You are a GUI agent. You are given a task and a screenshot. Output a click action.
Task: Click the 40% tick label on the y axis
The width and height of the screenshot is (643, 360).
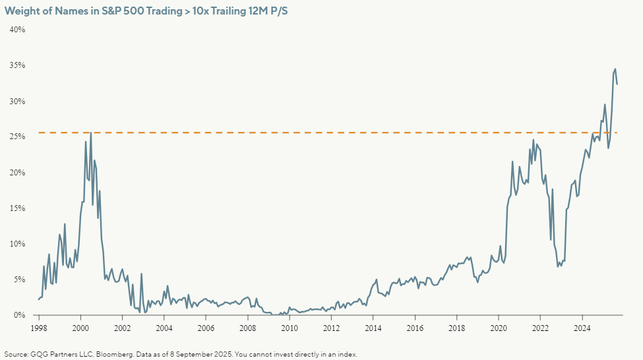click(x=17, y=30)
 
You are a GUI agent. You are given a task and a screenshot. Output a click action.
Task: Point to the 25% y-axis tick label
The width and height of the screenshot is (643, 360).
click(x=17, y=137)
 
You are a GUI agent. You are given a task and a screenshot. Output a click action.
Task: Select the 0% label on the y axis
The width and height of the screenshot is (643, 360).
click(x=19, y=315)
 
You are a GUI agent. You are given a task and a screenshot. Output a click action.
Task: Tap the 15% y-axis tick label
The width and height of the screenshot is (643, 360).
click(x=17, y=208)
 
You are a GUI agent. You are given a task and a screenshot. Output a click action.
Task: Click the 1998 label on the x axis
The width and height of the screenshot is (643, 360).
click(x=38, y=328)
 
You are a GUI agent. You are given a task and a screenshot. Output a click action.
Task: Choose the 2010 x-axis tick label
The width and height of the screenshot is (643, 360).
click(x=290, y=328)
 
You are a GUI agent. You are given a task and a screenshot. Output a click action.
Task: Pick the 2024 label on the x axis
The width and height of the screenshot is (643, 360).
click(x=582, y=328)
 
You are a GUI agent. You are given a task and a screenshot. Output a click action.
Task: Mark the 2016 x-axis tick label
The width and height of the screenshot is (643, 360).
click(x=415, y=328)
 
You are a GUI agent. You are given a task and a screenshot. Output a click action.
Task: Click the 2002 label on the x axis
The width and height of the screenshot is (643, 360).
click(x=122, y=328)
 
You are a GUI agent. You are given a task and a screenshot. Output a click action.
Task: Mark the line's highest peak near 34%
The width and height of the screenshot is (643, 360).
click(x=615, y=69)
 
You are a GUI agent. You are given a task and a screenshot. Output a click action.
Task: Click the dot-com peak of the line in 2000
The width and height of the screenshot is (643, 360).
click(x=90, y=133)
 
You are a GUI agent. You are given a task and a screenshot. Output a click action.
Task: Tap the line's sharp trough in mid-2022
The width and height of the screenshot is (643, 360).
click(x=550, y=240)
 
